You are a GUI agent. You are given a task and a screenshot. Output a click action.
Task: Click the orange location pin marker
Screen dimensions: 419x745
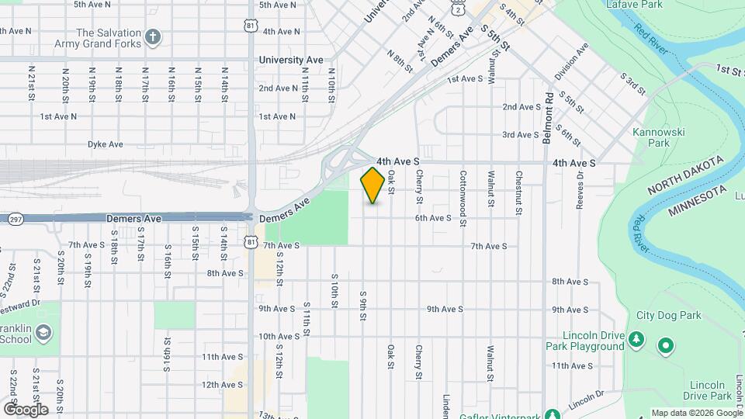(x=372, y=185)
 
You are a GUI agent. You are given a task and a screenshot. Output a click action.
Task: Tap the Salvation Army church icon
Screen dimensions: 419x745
(x=154, y=36)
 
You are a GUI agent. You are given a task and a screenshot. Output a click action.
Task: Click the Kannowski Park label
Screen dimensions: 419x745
(x=658, y=137)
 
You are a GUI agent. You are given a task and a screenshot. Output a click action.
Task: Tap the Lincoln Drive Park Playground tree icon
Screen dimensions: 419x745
(x=636, y=338)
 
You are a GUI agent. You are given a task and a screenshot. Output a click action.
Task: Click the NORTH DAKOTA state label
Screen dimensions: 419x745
(x=686, y=175)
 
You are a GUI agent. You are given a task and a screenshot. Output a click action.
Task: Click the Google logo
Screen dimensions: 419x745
(x=25, y=409)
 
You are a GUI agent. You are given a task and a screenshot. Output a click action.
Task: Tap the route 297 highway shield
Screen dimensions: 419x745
(x=15, y=220)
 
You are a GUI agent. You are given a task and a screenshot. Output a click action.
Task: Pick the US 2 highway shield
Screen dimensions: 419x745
(x=459, y=7)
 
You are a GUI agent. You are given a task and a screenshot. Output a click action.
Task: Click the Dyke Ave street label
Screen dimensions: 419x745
(x=105, y=144)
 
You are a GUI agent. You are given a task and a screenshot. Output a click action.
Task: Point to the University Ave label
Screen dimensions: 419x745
(x=291, y=59)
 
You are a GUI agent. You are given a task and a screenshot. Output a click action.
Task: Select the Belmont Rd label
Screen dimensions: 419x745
(x=548, y=112)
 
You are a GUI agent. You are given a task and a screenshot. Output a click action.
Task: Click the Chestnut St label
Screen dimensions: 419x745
(x=518, y=189)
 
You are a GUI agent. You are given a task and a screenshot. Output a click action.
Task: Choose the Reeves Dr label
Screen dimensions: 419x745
(x=579, y=190)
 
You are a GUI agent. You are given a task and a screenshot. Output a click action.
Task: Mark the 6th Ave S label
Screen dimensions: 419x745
(x=433, y=218)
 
